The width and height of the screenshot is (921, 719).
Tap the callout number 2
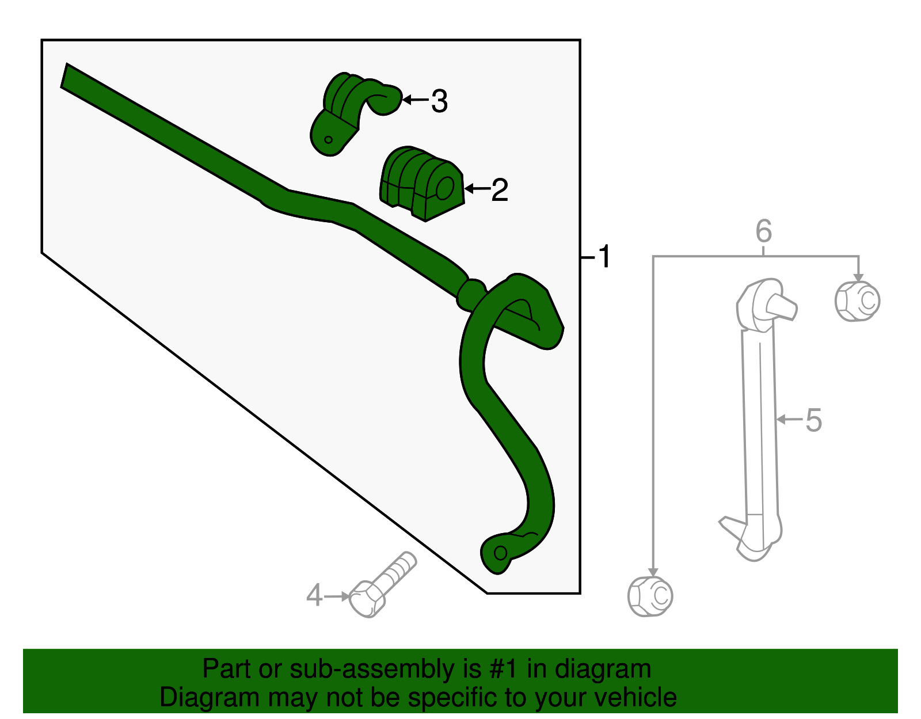tap(500, 189)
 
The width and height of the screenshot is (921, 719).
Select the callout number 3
tap(439, 101)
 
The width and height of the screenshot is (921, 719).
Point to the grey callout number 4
tap(314, 595)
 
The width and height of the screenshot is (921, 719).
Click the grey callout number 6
tap(763, 231)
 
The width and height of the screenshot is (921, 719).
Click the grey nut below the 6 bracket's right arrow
tap(857, 300)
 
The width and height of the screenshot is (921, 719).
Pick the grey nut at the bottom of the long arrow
tap(650, 596)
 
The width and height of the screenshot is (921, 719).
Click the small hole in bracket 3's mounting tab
tap(328, 139)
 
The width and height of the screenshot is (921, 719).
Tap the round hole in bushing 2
tap(445, 188)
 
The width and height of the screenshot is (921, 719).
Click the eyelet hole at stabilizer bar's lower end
tap(500, 553)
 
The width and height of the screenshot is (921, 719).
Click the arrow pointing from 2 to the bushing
tap(477, 188)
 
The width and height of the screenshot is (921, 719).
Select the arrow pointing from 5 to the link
tap(789, 420)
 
